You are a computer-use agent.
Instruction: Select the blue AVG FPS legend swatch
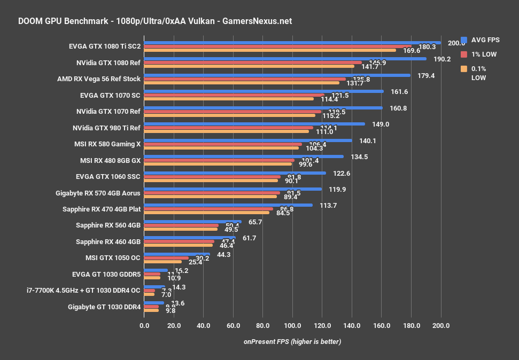coord(464,40)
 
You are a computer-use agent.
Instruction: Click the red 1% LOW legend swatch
coord(464,54)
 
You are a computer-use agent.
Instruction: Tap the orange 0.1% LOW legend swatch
coord(464,68)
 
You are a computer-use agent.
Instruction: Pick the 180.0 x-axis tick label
coord(411,325)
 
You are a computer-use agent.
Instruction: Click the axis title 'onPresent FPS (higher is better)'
coord(292,341)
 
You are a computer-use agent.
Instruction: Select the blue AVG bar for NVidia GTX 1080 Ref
coord(285,59)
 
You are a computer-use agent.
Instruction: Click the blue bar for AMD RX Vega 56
coord(277,75)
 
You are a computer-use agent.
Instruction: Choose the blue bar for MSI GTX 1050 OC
coord(177,254)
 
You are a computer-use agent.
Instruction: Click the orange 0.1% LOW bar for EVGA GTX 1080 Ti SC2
coord(270,51)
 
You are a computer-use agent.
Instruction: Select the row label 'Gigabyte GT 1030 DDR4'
coord(104,307)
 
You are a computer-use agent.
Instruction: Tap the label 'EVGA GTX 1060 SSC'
coord(109,177)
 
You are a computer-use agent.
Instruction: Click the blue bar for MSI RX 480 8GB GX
coord(244,156)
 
